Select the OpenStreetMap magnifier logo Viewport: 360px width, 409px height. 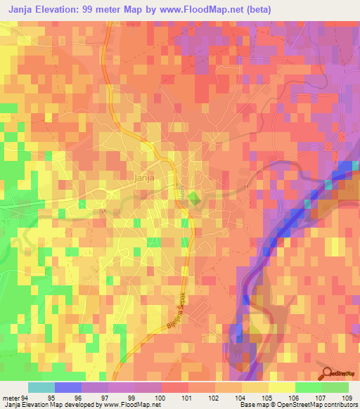pyautogui.click(x=328, y=373)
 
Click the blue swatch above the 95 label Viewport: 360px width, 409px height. pyautogui.click(x=67, y=387)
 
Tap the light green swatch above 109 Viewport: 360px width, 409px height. pyautogui.click(x=335, y=387)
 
